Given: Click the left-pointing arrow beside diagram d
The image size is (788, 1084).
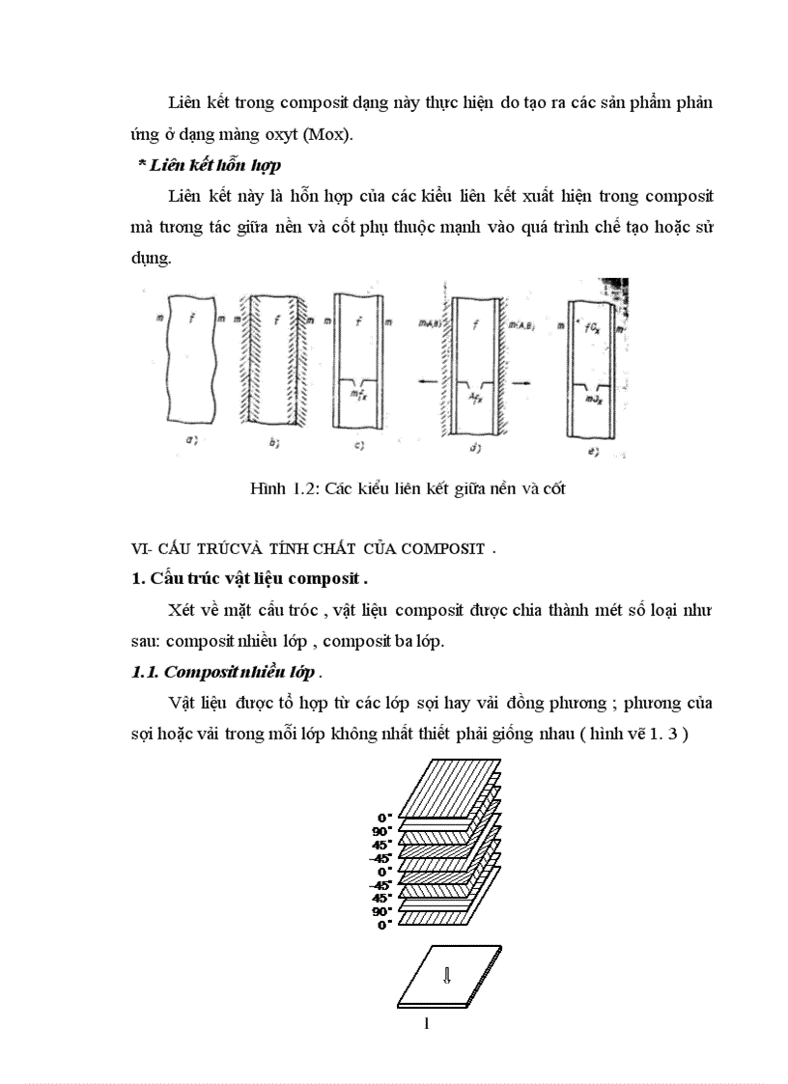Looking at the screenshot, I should point(425,382).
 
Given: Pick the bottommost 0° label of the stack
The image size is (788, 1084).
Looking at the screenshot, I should point(382,924).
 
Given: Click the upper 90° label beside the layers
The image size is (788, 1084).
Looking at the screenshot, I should point(382,831).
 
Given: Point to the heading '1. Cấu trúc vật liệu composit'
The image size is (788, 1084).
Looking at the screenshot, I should point(249,579).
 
